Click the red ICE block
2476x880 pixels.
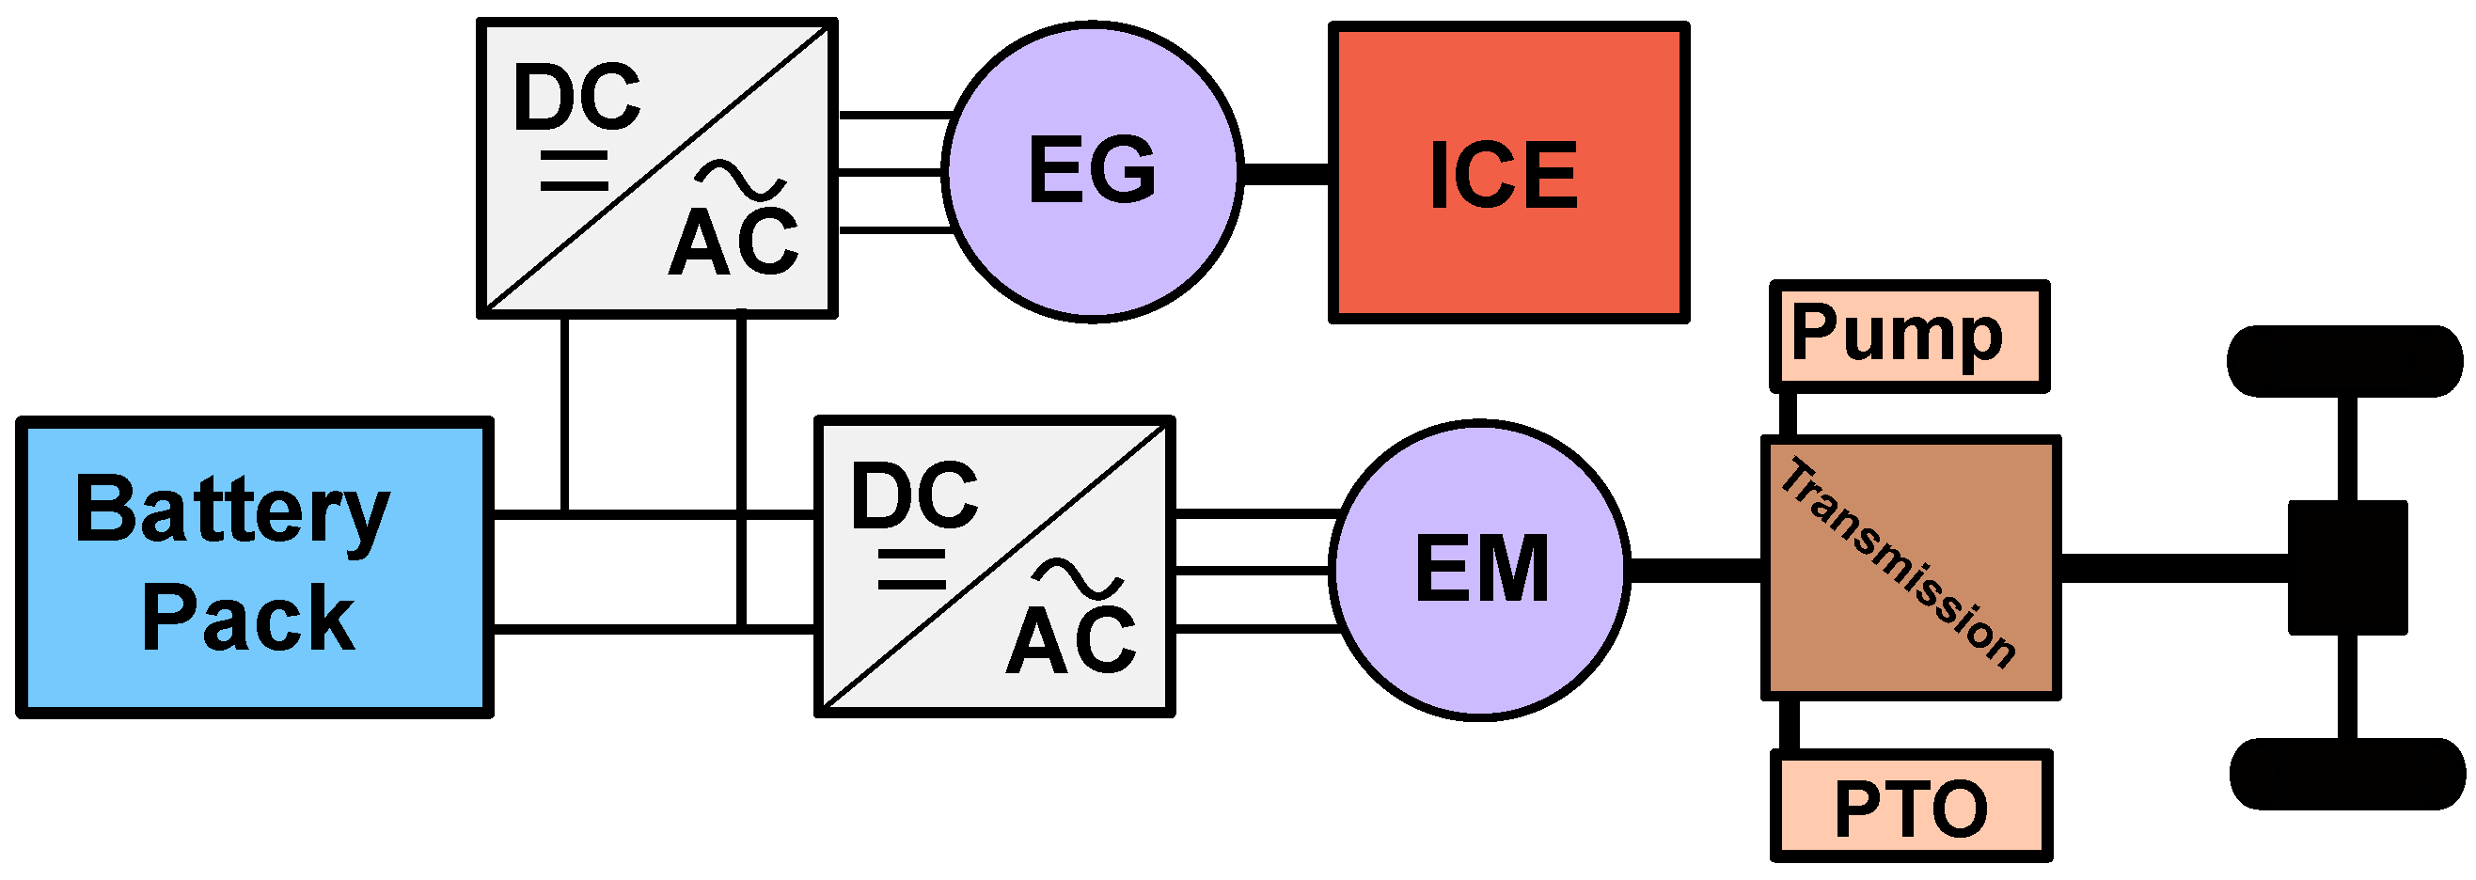click(x=1508, y=173)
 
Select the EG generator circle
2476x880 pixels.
click(x=1093, y=171)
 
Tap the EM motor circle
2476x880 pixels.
click(x=1481, y=569)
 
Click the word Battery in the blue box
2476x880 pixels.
click(x=231, y=511)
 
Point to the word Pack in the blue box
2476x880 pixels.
click(x=248, y=619)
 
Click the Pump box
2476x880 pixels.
click(x=1909, y=337)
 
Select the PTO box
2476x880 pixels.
click(x=1911, y=807)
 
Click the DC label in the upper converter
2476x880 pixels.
click(x=576, y=98)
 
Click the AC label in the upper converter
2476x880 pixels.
click(x=734, y=243)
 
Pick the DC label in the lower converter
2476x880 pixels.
click(x=914, y=495)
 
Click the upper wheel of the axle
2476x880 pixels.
click(x=2344, y=361)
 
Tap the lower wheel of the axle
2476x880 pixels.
click(x=2346, y=775)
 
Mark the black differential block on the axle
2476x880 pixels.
click(x=2346, y=568)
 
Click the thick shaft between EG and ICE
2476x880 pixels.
click(x=1286, y=174)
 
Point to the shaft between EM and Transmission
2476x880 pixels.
click(x=1696, y=570)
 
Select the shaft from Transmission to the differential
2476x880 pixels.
click(x=2172, y=568)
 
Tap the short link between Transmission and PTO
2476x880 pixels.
click(x=1789, y=724)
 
